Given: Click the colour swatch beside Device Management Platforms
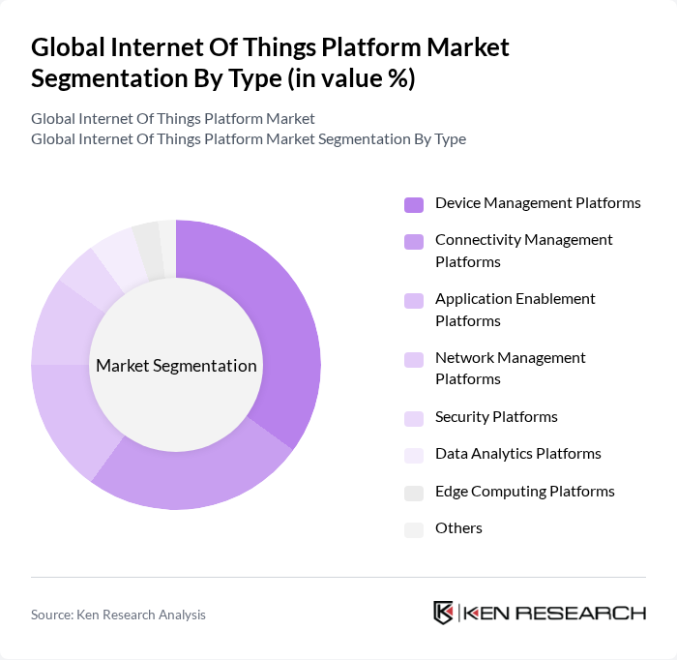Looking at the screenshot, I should click(x=414, y=204).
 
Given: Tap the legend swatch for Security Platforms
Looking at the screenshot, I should click(x=414, y=418).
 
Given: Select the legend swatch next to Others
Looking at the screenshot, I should click(x=414, y=529).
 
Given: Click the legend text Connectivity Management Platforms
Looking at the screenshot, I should click(x=524, y=251).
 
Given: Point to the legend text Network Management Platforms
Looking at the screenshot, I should click(x=511, y=369).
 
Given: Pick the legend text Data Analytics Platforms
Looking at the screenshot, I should click(x=518, y=454).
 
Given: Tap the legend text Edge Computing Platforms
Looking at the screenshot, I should click(x=525, y=492).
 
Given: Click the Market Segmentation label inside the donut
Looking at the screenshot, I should click(x=176, y=366).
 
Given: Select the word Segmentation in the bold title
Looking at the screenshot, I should click(x=103, y=78).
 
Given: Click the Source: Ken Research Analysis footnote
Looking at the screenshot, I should click(x=118, y=615).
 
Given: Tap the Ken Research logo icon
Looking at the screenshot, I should click(x=444, y=613).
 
